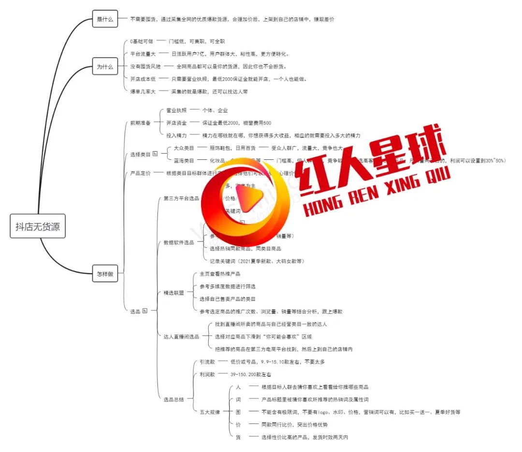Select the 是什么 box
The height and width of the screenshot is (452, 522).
coord(104,19)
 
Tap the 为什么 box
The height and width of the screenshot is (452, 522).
coord(104,67)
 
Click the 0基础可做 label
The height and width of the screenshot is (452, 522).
coord(142,42)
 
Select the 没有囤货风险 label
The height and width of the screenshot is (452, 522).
coord(145,66)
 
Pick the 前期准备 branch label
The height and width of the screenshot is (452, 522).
coord(140,123)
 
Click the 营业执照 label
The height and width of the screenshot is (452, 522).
coord(176,110)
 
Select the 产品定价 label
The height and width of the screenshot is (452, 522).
coord(140,173)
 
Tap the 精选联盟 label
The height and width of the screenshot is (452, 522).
coord(174,293)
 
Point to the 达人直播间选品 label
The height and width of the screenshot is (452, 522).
coord(181,337)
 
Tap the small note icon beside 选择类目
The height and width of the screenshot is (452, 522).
coord(155,154)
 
